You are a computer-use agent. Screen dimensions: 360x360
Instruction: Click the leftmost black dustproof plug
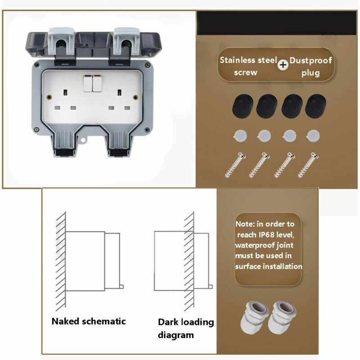242,107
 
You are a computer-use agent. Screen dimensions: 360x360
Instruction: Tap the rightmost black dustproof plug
315,107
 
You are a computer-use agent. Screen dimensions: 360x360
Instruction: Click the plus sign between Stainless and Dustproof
283,65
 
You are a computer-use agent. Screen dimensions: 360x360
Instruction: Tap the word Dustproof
310,60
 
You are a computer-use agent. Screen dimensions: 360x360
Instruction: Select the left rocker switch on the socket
88,84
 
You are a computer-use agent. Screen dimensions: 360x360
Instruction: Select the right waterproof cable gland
281,317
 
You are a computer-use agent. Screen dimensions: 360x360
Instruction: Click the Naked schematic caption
89,321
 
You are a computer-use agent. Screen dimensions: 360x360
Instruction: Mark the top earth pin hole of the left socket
66,92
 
